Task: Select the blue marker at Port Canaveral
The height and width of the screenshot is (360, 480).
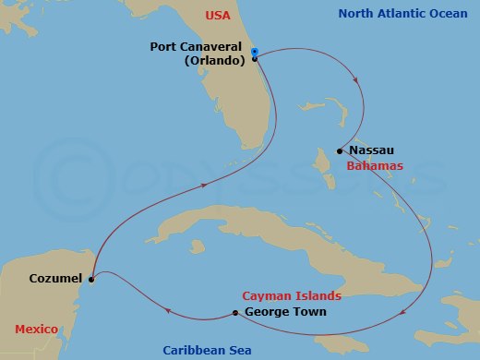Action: click(254, 51)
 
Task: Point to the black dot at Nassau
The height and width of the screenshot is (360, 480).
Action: click(341, 150)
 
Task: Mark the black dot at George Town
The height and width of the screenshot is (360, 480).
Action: click(236, 313)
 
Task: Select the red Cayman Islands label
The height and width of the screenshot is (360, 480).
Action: click(292, 296)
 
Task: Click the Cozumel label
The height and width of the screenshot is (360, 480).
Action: click(54, 277)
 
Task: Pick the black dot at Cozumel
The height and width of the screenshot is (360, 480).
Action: click(92, 277)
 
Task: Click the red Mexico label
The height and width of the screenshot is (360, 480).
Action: click(37, 330)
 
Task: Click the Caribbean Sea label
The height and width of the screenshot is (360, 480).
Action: click(206, 351)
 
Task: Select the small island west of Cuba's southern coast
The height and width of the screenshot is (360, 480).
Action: click(196, 246)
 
